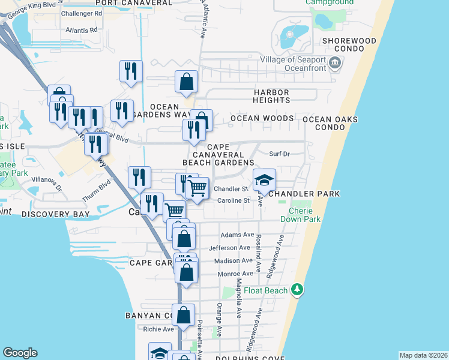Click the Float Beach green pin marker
click(x=296, y=290)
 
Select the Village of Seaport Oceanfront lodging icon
click(x=335, y=62)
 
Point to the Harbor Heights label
click(x=271, y=96)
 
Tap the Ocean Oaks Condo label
click(x=330, y=124)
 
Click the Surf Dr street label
click(x=279, y=154)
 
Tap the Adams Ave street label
click(x=238, y=235)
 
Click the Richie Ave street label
click(x=158, y=329)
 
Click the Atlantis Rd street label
click(x=82, y=29)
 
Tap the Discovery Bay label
click(x=55, y=214)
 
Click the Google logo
click(x=20, y=353)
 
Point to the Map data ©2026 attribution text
click(x=423, y=355)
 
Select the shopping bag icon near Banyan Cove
click(x=183, y=316)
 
